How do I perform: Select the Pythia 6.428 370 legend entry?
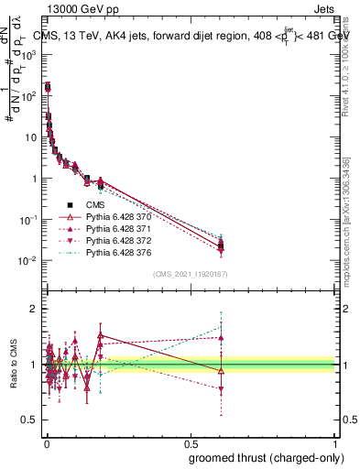click(x=116, y=216)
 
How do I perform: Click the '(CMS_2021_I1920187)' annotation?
click(x=191, y=273)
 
